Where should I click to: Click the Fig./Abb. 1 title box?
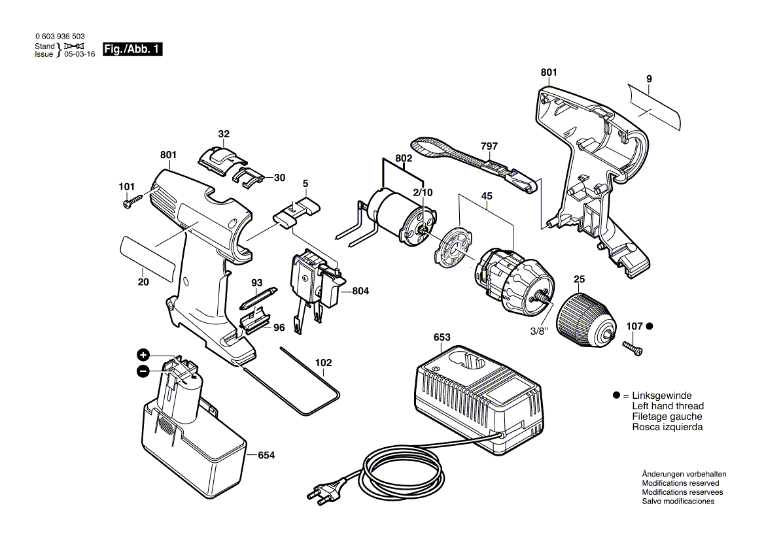(132, 49)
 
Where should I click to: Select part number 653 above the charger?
(442, 338)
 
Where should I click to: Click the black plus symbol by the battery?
(143, 355)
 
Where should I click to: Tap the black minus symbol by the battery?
(143, 371)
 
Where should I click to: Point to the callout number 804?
(360, 291)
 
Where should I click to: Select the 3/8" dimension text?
(538, 331)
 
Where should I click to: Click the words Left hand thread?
(667, 406)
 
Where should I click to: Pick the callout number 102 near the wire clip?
(323, 362)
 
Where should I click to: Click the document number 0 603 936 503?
(59, 37)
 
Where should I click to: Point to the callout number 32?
(224, 134)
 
